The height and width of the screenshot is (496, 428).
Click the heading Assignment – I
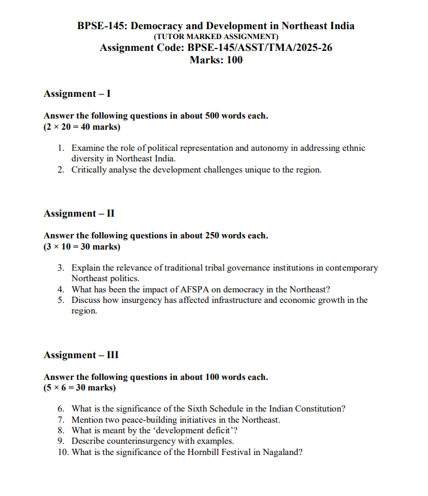[x=77, y=94]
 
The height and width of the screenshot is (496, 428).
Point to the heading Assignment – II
[x=79, y=214]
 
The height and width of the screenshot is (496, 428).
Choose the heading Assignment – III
[x=81, y=355]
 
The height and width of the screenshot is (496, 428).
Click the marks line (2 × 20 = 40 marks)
[x=82, y=127]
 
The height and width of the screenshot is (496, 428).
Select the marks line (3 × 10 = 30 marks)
[x=82, y=246]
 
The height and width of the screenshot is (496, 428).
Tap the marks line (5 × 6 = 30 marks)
[x=80, y=388]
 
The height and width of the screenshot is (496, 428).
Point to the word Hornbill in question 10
[x=205, y=453]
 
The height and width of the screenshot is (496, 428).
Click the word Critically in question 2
[x=90, y=169]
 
